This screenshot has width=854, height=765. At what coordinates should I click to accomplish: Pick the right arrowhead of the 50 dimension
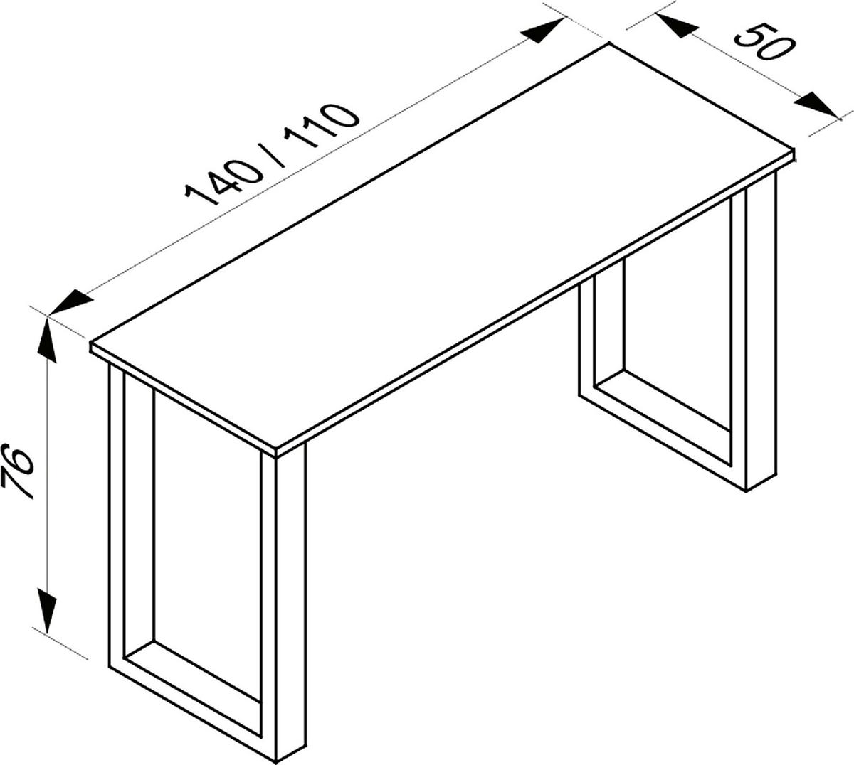[816, 105]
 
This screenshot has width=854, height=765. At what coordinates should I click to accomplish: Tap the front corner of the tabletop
[276, 450]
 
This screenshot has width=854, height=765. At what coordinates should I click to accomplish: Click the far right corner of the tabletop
[792, 151]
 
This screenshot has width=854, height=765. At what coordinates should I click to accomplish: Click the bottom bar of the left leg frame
[192, 697]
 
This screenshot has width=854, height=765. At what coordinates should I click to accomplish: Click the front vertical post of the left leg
[291, 604]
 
